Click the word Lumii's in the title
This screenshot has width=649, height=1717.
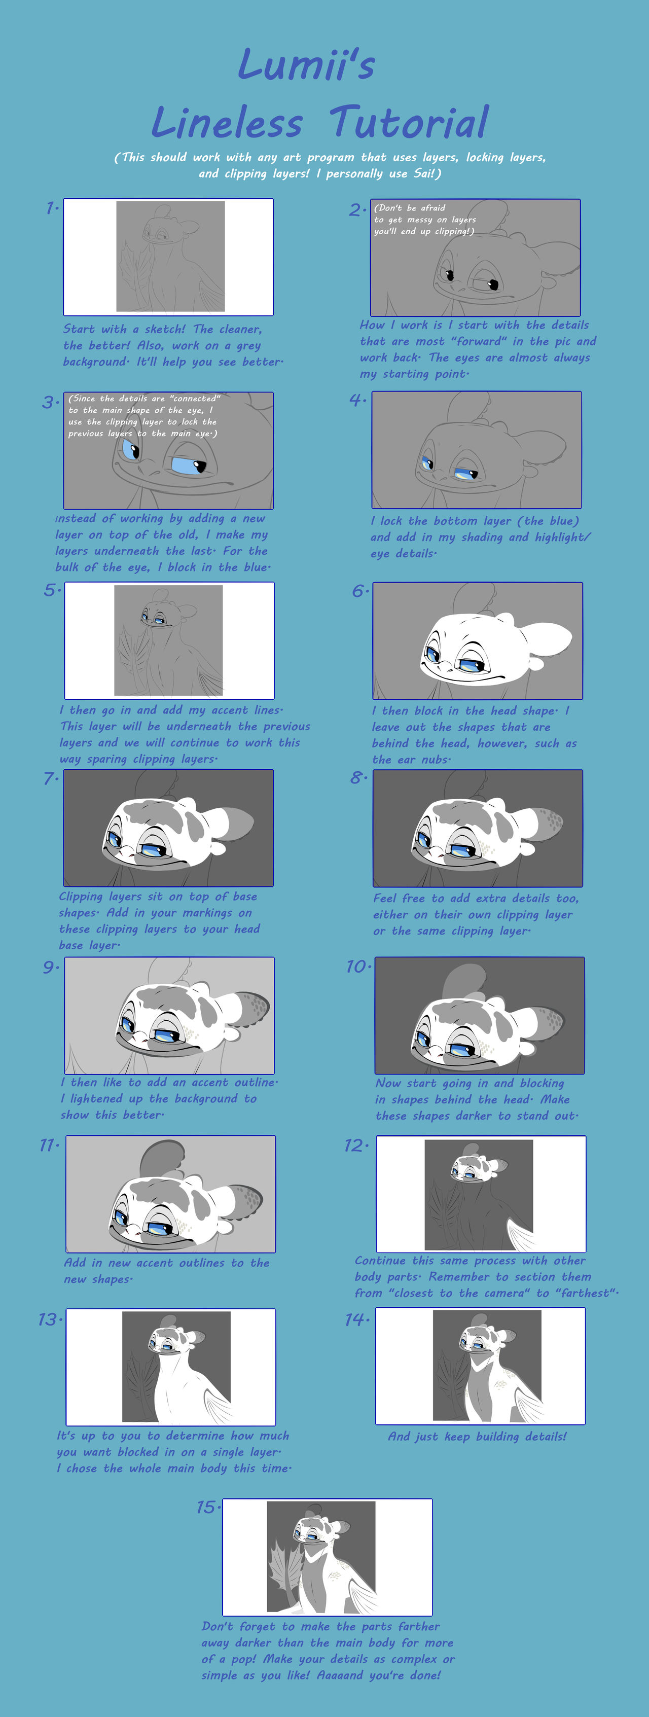point(307,65)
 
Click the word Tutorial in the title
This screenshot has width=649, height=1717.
point(409,123)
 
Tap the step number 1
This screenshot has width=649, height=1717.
point(51,208)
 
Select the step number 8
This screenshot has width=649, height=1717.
point(358,778)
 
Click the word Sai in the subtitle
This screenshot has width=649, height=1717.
point(422,173)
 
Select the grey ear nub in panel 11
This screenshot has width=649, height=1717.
point(162,1160)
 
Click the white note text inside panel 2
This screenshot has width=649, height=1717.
point(424,219)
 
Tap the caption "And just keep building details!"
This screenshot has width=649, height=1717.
point(477,1437)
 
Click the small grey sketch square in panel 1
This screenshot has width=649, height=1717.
point(170,257)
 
